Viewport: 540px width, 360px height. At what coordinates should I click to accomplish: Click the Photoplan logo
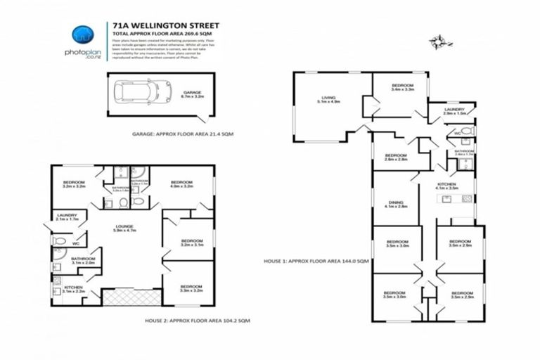tap(83, 39)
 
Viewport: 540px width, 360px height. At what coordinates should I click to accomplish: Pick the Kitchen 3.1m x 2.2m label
tap(72, 288)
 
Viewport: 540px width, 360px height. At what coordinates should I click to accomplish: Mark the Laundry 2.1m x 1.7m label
tap(67, 217)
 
